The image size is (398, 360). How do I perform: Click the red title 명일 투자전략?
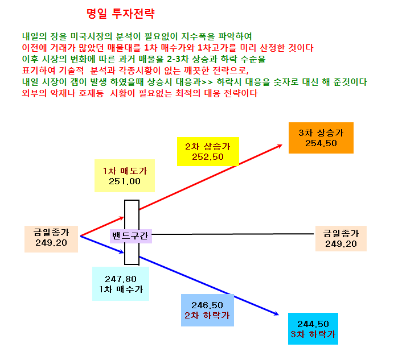[x=120, y=14]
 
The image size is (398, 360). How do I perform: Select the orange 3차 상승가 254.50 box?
[x=321, y=138]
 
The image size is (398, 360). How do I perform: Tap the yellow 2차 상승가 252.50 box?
[x=208, y=152]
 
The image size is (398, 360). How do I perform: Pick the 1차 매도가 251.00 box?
[x=125, y=176]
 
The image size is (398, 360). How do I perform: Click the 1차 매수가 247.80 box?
[x=121, y=284]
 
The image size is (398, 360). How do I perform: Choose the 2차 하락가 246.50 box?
[x=207, y=310]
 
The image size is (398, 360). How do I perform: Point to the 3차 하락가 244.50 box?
[x=313, y=329]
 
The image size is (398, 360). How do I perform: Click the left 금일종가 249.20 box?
[x=51, y=239]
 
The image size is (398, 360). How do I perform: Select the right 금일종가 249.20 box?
[x=341, y=238]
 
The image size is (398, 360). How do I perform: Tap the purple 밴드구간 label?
[x=131, y=236]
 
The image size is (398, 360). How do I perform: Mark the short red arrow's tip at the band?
[x=124, y=217]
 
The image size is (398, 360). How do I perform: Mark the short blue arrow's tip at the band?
[x=124, y=253]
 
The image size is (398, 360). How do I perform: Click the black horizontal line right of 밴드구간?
[x=233, y=234]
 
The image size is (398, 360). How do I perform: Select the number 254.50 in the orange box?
[x=321, y=143]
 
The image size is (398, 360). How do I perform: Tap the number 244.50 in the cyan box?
[x=313, y=324]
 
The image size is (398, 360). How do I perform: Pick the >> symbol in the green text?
[x=207, y=82]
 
